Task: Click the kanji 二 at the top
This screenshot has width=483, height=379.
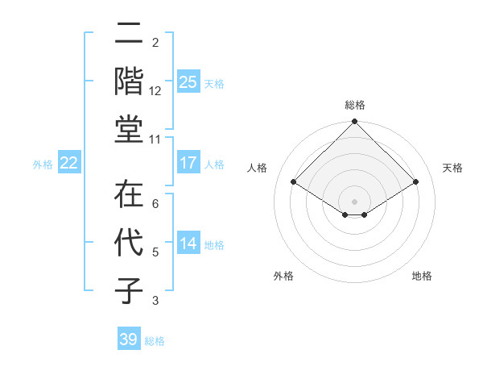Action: (129, 35)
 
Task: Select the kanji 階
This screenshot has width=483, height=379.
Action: (129, 81)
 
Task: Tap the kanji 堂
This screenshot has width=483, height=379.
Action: (129, 129)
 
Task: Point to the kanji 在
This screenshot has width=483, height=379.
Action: (129, 195)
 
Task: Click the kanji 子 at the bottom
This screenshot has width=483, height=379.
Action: (129, 289)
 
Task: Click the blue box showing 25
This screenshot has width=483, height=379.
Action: (188, 82)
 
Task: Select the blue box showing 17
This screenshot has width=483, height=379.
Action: (188, 163)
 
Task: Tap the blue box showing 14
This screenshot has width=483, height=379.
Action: (188, 244)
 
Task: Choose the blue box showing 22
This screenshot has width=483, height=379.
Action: (69, 163)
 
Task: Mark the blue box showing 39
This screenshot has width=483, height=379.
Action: (129, 339)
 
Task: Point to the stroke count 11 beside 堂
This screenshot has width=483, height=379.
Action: (155, 140)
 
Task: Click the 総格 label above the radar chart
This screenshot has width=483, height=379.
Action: (354, 105)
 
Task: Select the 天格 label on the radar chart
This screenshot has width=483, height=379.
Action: (453, 168)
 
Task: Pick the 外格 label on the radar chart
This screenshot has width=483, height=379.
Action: (283, 276)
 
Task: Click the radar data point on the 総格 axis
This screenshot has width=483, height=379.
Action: (354, 123)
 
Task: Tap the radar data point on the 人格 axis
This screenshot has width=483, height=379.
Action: (294, 181)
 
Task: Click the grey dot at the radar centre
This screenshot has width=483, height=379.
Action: (354, 200)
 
